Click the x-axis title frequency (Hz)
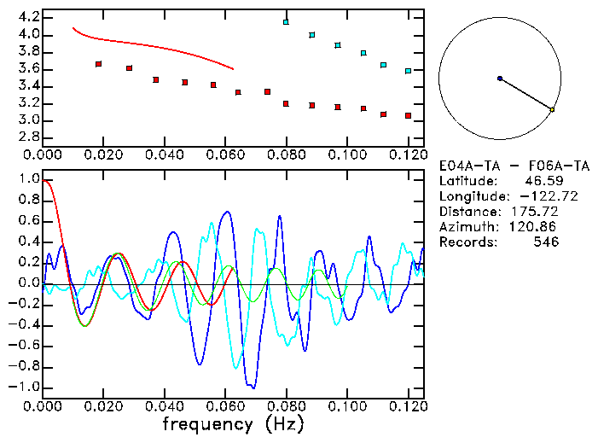(x=233, y=423)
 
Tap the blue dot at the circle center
(x=500, y=79)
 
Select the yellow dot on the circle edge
(x=552, y=110)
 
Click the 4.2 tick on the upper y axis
(x=26, y=17)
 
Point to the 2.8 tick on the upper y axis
(x=26, y=137)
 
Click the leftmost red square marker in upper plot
(x=99, y=64)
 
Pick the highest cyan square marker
(x=287, y=22)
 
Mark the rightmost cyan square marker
(x=409, y=71)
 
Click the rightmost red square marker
(x=409, y=115)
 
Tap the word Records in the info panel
(x=464, y=242)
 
